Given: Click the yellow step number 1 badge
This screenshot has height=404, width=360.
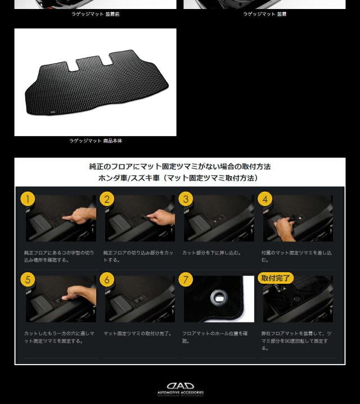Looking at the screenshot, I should pyautogui.click(x=28, y=199).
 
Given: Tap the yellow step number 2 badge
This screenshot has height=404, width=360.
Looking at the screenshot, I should pyautogui.click(x=107, y=199).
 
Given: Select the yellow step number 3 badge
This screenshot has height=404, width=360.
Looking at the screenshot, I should pyautogui.click(x=186, y=199).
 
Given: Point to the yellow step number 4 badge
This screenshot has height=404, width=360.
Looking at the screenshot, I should pyautogui.click(x=265, y=199).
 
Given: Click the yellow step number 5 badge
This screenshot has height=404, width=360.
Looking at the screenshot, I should pyautogui.click(x=28, y=280).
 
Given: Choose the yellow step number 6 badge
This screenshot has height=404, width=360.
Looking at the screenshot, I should pyautogui.click(x=107, y=280).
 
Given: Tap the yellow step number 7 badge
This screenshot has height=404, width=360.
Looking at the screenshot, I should pyautogui.click(x=186, y=280).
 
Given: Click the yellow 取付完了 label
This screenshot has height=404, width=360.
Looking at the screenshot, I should pyautogui.click(x=276, y=278).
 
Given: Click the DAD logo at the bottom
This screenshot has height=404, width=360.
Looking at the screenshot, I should pyautogui.click(x=180, y=386).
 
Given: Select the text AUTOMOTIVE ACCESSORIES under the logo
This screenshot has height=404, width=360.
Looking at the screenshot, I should pyautogui.click(x=180, y=393).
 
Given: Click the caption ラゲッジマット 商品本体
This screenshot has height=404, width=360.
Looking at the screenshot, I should pyautogui.click(x=96, y=141).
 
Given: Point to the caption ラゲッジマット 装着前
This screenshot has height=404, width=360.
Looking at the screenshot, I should pyautogui.click(x=95, y=14).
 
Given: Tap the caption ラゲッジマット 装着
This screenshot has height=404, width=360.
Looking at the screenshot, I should pyautogui.click(x=264, y=14).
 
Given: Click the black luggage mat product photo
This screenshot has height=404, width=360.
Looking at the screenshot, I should pyautogui.click(x=96, y=82).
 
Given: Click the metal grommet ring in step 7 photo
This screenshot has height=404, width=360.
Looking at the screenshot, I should pyautogui.click(x=217, y=298).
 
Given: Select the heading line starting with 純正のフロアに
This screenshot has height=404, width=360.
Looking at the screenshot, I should pyautogui.click(x=180, y=167).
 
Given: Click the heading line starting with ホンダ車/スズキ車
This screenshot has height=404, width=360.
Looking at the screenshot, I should pyautogui.click(x=180, y=178).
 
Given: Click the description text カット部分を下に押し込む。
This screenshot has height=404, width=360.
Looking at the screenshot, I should pyautogui.click(x=211, y=253).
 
